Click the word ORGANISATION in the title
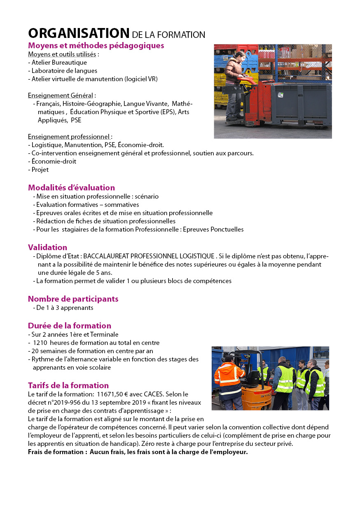pos(79,33)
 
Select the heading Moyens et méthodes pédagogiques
pos(96,45)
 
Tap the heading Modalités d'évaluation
pos(71,188)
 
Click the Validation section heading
pos(47,247)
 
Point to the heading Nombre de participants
pos(73,299)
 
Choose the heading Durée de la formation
pos(69,326)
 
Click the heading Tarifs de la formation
pos(68,385)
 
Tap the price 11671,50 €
pos(114,394)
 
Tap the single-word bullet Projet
pos(40,170)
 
